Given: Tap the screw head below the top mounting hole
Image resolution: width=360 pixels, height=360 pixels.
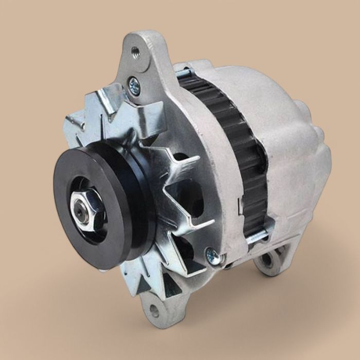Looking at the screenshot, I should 134,85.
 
